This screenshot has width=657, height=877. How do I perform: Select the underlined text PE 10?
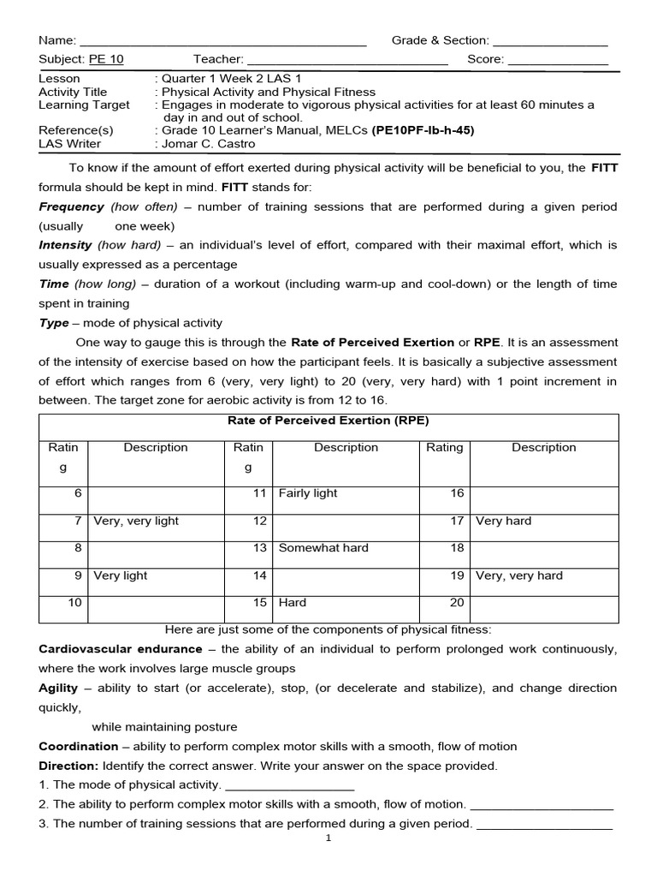coord(106,59)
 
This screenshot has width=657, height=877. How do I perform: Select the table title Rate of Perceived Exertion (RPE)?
coord(328,421)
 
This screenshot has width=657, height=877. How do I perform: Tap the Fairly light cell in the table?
coord(308,493)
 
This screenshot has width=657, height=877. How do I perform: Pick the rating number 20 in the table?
coord(457,603)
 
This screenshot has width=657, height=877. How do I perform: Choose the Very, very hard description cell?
coord(519,576)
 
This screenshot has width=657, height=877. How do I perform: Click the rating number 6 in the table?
coord(78,493)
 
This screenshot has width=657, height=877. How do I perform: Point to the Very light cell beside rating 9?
coord(121,576)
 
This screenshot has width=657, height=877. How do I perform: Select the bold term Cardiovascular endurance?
coord(121,649)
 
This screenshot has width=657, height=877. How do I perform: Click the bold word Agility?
coord(57,688)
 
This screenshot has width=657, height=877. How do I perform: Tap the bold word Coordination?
coord(79,746)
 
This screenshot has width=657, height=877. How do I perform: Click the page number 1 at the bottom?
coord(328,838)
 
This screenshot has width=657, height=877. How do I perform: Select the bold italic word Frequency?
coord(72,207)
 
